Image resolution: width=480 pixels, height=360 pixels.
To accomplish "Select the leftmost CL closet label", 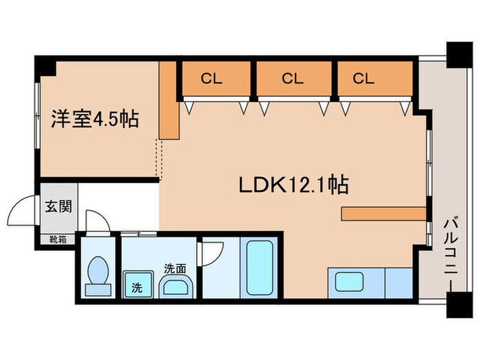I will coord(211,78).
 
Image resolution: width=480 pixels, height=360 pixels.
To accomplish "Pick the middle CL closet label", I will coord(292,78).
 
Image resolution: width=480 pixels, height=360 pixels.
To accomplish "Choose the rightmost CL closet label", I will coord(363,78).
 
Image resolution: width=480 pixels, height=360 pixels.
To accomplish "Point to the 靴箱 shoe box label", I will coord(58,239).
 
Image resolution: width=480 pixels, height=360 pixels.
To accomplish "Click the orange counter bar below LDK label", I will coord(383,214).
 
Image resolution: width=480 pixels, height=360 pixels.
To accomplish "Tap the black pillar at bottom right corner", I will coord(456,306).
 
